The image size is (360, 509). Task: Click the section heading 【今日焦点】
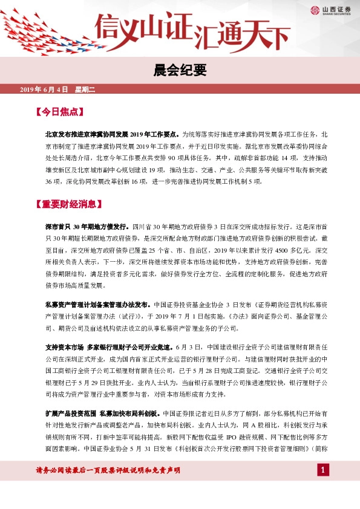59,112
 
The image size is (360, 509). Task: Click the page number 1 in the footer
324,470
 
